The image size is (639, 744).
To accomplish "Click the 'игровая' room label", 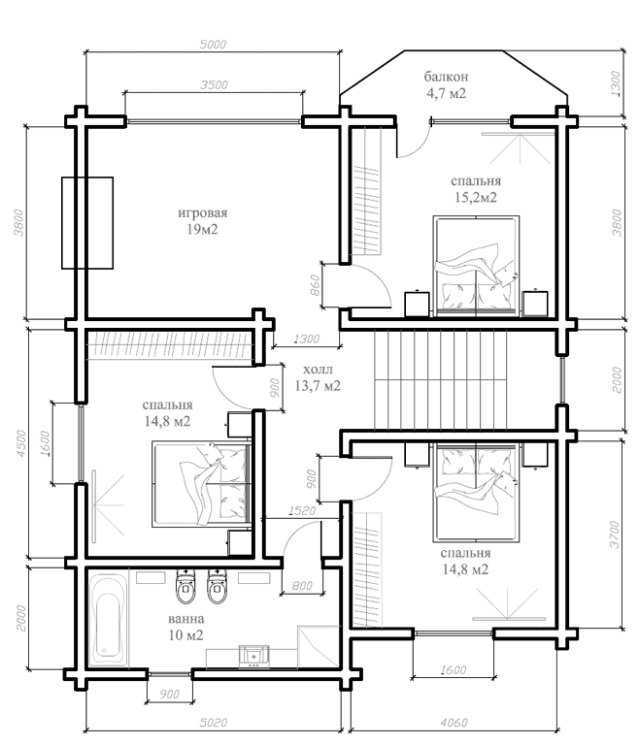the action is click(x=202, y=213).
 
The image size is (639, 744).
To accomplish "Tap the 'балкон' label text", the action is click(x=446, y=77).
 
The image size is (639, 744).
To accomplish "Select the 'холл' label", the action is click(x=318, y=370).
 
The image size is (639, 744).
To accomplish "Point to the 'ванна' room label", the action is click(x=186, y=619).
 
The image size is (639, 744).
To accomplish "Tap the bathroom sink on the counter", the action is click(x=254, y=657).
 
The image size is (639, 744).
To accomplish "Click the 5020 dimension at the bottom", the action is click(x=214, y=723).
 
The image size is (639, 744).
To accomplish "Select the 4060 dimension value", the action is click(x=454, y=723).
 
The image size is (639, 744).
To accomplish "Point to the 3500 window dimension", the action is click(x=214, y=85).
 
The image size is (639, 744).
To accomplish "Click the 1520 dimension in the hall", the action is click(x=302, y=510).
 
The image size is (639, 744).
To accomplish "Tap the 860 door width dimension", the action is click(x=315, y=285).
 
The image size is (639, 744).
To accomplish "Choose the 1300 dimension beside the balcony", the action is click(x=616, y=83).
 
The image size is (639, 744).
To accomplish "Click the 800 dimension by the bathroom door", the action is click(x=302, y=586).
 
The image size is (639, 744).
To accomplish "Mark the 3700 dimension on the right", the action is click(x=615, y=534).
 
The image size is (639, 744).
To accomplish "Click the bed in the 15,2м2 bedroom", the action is click(x=476, y=266).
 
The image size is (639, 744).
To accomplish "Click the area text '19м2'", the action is click(x=202, y=230).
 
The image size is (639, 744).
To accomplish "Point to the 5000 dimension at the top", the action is click(x=213, y=45).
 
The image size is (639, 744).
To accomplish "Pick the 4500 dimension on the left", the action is click(x=21, y=443).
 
